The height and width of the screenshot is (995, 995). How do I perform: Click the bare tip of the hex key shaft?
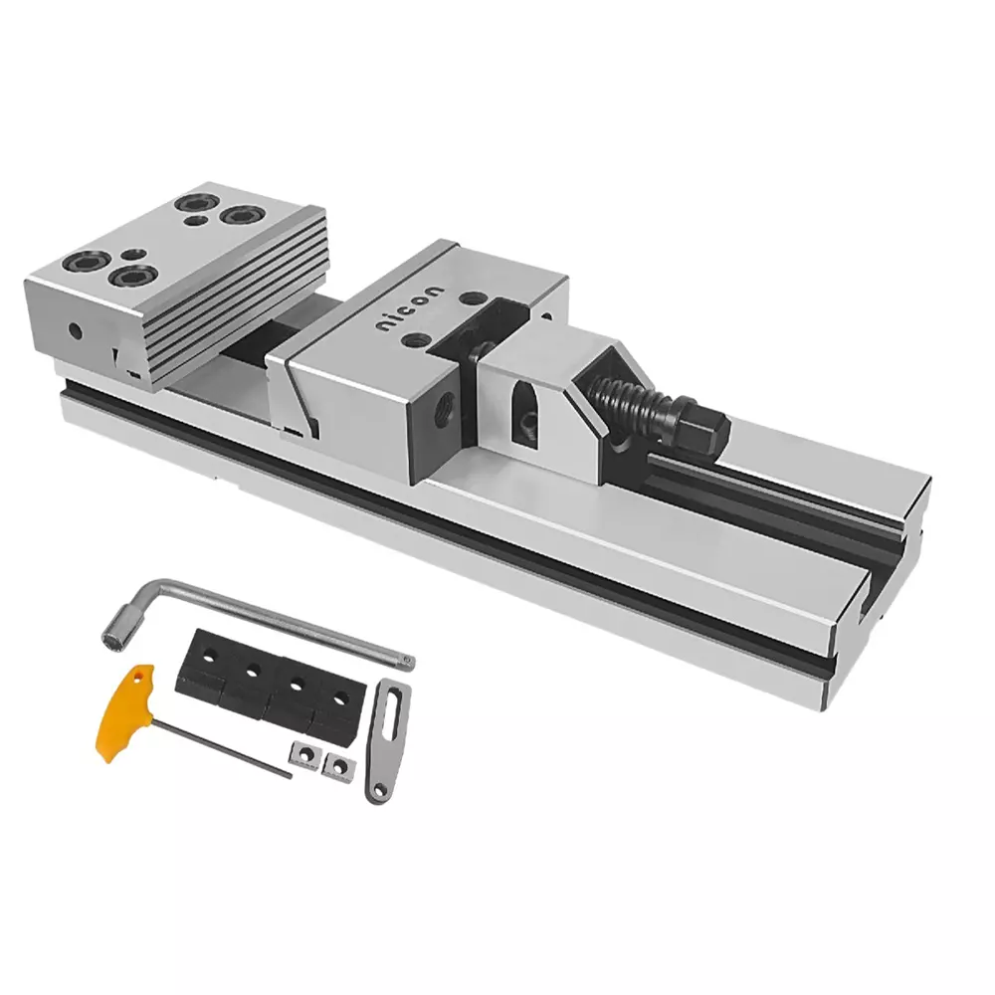[x=287, y=775]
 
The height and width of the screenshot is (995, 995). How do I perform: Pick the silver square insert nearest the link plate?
[x=342, y=765]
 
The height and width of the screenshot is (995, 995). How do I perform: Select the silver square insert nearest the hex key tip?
[x=303, y=755]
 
